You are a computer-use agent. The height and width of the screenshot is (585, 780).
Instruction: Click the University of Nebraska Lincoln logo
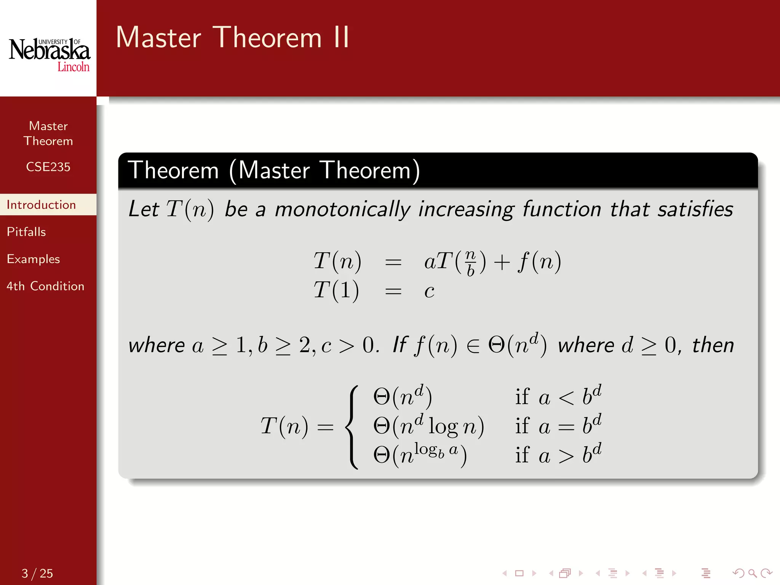(50, 54)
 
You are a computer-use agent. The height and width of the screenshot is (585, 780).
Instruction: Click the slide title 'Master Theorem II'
(232, 38)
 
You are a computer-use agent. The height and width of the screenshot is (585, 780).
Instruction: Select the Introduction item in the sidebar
(42, 205)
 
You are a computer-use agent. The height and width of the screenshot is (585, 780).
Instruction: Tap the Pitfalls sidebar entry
(26, 232)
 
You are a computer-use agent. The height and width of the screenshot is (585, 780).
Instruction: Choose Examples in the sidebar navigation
(34, 259)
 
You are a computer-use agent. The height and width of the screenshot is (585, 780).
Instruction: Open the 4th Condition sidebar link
(45, 286)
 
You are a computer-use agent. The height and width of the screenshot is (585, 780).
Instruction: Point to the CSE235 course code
(48, 167)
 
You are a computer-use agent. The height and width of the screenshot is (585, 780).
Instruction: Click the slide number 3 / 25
(37, 573)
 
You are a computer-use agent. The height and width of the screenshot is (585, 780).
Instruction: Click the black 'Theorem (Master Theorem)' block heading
(274, 170)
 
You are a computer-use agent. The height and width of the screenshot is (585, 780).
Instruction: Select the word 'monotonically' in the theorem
(342, 209)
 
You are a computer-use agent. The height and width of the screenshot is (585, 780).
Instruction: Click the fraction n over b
(470, 262)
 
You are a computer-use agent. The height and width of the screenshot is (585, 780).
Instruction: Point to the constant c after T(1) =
(429, 291)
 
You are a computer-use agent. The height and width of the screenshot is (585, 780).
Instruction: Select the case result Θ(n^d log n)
(428, 425)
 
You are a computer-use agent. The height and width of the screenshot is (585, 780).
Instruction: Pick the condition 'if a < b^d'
(558, 396)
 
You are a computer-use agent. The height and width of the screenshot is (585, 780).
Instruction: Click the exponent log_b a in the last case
(436, 450)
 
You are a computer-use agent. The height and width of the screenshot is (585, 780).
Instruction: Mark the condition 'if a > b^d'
(558, 455)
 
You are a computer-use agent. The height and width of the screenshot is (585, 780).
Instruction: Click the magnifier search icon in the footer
(752, 573)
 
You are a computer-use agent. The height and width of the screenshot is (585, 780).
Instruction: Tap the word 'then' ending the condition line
(713, 345)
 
